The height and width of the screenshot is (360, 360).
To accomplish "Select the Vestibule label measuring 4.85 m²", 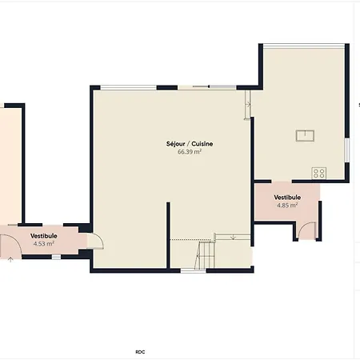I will click(287, 197).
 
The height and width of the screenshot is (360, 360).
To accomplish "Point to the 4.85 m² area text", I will click(287, 205).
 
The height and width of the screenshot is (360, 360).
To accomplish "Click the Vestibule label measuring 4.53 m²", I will click(44, 236).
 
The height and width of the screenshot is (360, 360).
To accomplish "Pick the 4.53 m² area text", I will click(44, 244).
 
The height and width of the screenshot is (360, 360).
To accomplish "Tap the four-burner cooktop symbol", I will click(319, 172).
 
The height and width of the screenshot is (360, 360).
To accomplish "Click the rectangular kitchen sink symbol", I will click(306, 135).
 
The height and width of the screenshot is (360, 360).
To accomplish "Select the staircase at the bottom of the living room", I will click(207, 255).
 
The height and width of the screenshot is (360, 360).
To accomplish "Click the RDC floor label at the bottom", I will click(140, 351).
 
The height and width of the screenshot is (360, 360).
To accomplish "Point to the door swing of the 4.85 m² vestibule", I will click(306, 231).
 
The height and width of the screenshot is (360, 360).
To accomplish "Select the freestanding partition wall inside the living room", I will click(168, 236).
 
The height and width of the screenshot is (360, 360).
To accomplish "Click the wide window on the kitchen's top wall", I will click(304, 45).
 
